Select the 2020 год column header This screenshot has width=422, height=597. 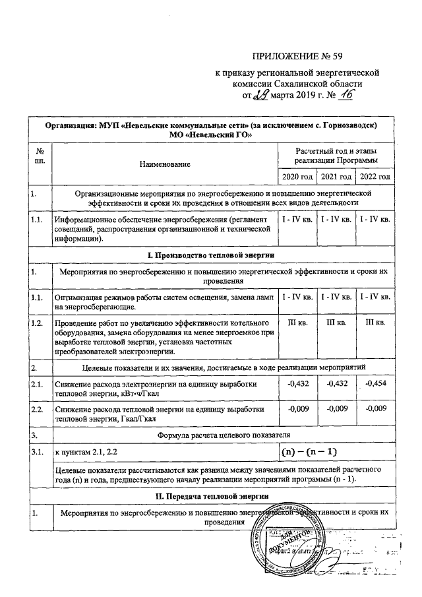tap(297, 177)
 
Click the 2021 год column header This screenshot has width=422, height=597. tap(336, 177)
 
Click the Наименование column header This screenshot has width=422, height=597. tap(165, 162)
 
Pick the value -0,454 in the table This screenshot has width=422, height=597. tap(375, 384)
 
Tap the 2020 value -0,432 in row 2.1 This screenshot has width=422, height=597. tap(297, 384)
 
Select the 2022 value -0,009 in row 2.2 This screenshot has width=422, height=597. tap(375, 410)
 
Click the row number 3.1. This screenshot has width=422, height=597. tap(37, 453)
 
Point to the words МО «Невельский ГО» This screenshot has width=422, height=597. tap(210, 135)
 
